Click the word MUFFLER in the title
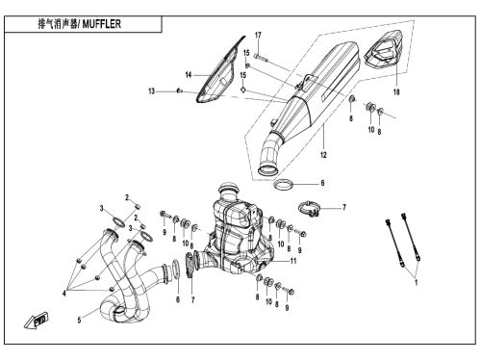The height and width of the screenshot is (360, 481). [102, 24]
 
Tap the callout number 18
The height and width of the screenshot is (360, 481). [396, 92]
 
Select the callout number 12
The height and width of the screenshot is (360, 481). [323, 155]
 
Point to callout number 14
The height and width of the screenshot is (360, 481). [189, 75]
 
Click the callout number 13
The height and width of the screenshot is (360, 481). [151, 91]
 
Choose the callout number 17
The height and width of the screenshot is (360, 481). [258, 36]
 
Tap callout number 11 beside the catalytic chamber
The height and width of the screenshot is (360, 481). [293, 261]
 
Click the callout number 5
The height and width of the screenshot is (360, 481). [79, 320]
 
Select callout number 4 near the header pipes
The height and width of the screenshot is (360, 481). [64, 294]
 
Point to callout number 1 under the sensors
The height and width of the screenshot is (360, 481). [417, 283]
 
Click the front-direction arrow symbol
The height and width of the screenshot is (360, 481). [36, 321]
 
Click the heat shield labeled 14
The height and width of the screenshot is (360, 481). [218, 72]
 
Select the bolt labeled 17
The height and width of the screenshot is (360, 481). [260, 58]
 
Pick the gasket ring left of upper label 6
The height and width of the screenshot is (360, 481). [283, 185]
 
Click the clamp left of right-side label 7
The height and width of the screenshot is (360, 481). [309, 208]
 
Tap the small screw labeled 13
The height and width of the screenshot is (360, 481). [180, 91]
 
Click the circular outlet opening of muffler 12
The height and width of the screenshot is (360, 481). [267, 170]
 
